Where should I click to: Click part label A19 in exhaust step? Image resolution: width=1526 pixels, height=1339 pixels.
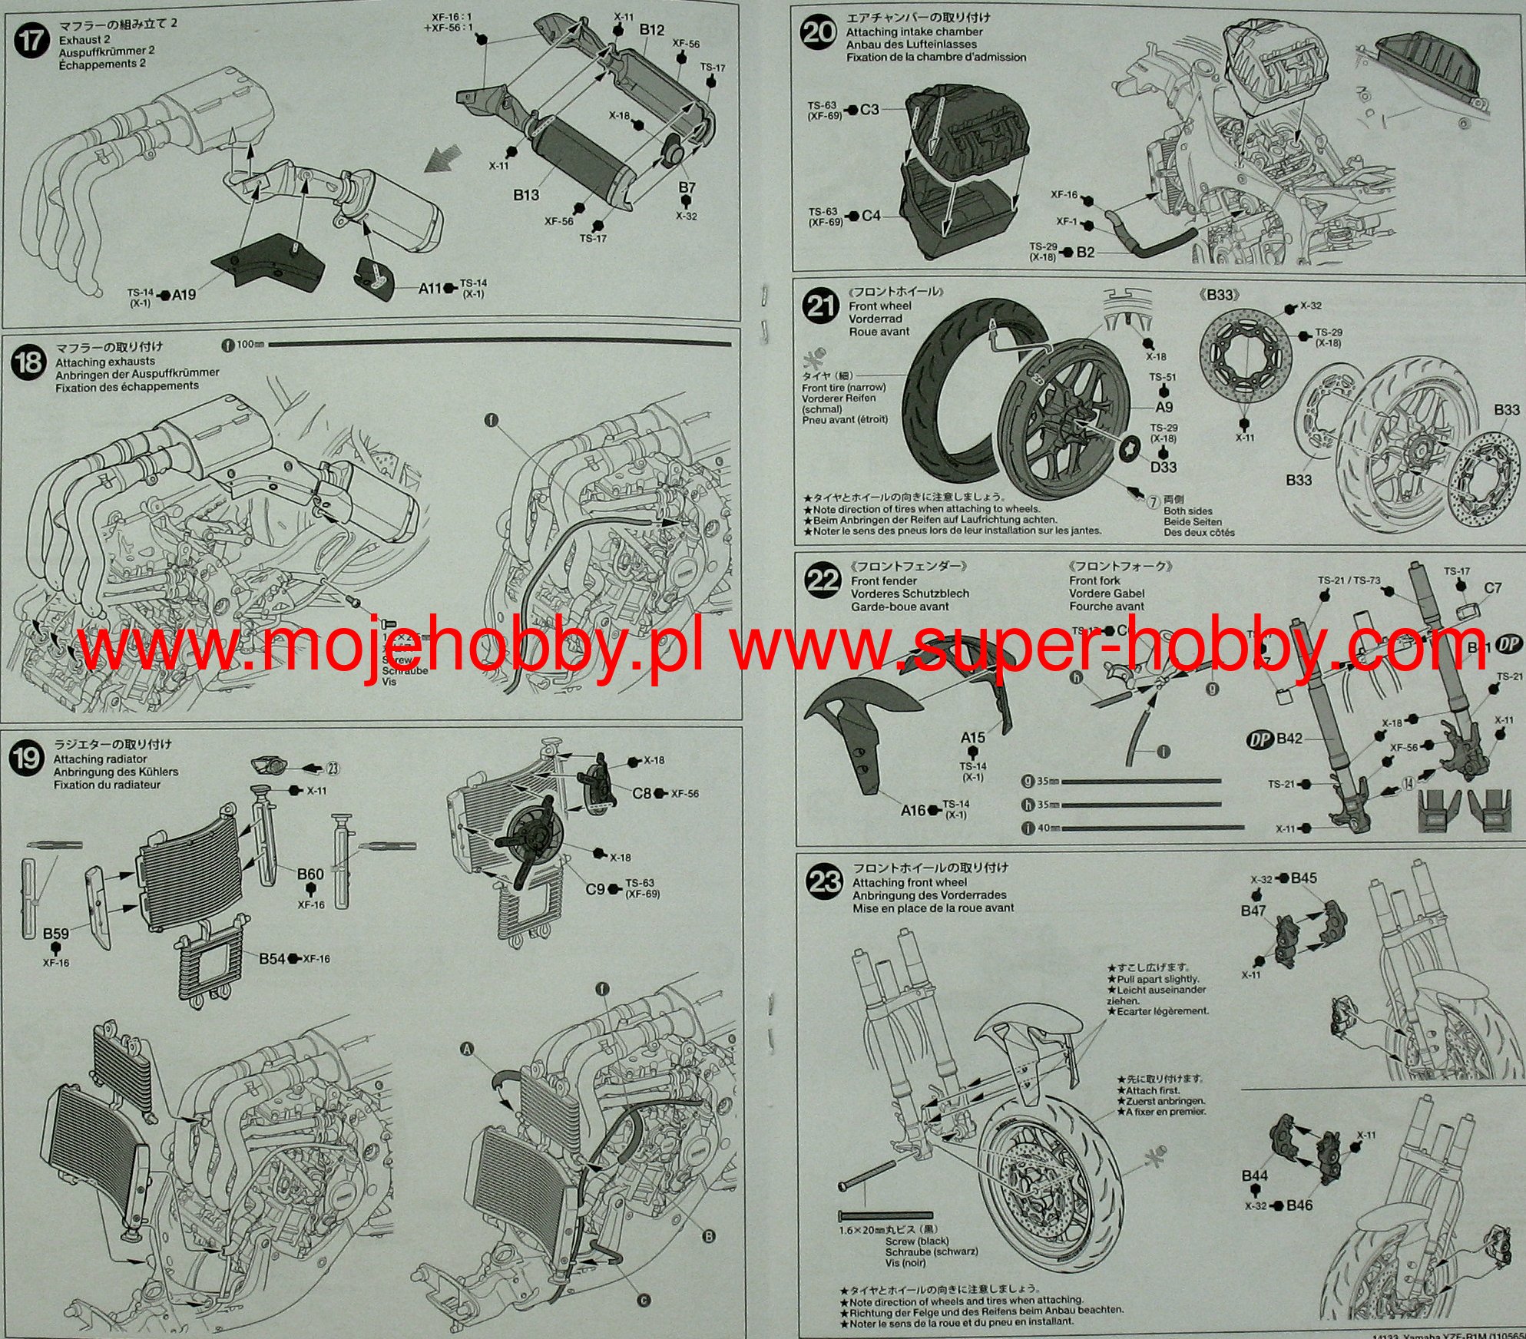184,295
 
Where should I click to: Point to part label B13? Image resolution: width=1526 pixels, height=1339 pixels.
526,195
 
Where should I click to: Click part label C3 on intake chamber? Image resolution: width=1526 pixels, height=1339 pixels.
869,110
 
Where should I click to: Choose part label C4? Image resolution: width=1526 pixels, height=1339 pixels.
871,216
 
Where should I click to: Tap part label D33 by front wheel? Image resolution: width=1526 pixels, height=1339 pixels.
1164,467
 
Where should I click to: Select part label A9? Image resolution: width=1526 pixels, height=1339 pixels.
1164,408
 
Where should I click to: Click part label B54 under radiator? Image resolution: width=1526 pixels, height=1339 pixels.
272,958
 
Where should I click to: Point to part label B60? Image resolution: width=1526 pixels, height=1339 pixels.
310,874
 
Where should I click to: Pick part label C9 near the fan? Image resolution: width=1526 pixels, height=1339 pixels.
595,889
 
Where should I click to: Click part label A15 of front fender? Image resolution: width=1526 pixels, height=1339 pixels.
972,738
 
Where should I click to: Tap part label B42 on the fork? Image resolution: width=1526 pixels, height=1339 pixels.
1289,739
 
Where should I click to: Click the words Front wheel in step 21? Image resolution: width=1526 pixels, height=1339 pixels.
880,306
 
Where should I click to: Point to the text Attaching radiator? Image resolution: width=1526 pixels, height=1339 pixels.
100,759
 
